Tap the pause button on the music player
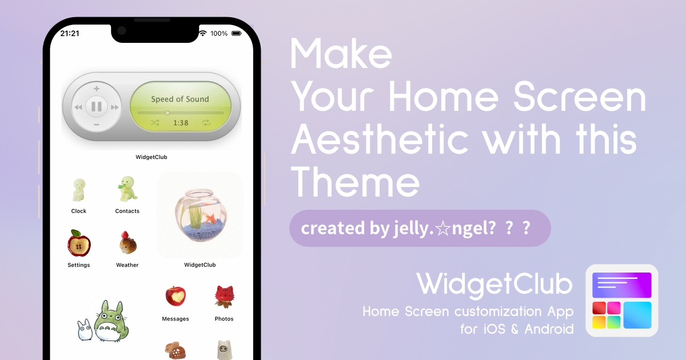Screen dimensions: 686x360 [x=97, y=107]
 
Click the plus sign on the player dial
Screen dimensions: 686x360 [x=97, y=89]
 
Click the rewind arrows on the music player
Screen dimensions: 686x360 [x=78, y=107]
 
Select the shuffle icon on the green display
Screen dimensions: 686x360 [x=155, y=123]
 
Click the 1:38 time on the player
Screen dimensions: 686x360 [x=181, y=123]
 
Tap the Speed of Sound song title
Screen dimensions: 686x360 [x=180, y=99]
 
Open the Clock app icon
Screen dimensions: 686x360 [x=79, y=190]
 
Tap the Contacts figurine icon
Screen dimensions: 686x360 [x=127, y=189]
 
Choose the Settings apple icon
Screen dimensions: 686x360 [x=79, y=243]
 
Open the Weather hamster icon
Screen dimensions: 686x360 [x=127, y=243]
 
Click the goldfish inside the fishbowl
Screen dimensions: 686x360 [x=211, y=218]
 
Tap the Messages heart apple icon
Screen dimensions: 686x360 [x=176, y=296]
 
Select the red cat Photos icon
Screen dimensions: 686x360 [x=224, y=297]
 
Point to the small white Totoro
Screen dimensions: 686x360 [x=85, y=330]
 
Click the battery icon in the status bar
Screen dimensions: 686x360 [x=237, y=33]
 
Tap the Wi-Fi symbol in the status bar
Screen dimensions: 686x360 [x=202, y=33]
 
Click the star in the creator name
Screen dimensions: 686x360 [x=443, y=229]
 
